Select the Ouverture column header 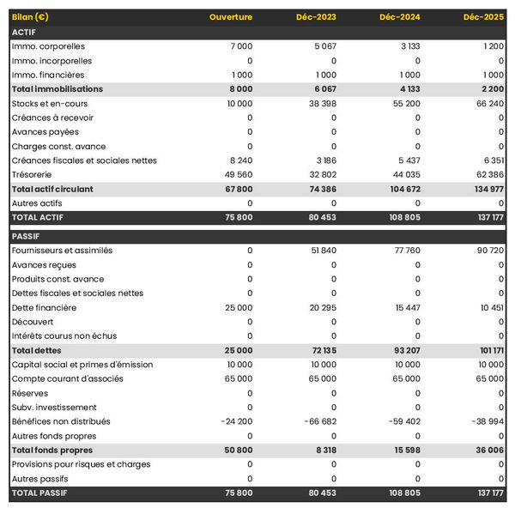pos(231,17)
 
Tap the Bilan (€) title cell pos(30,17)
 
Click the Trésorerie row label pos(32,174)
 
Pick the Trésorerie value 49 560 pos(238,174)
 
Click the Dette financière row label pos(44,307)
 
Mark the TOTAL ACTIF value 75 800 pos(238,217)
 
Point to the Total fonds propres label pos(52,450)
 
